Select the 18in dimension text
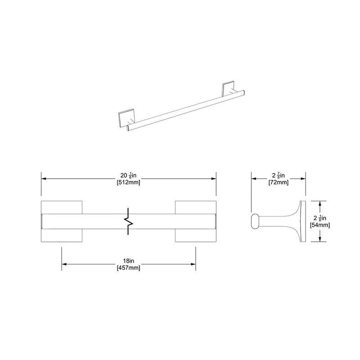coord(129,261)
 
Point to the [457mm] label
coord(129,268)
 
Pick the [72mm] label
coord(278,183)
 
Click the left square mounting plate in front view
coord(62,221)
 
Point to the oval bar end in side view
coord(255,222)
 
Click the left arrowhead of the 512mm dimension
coord(44,178)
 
